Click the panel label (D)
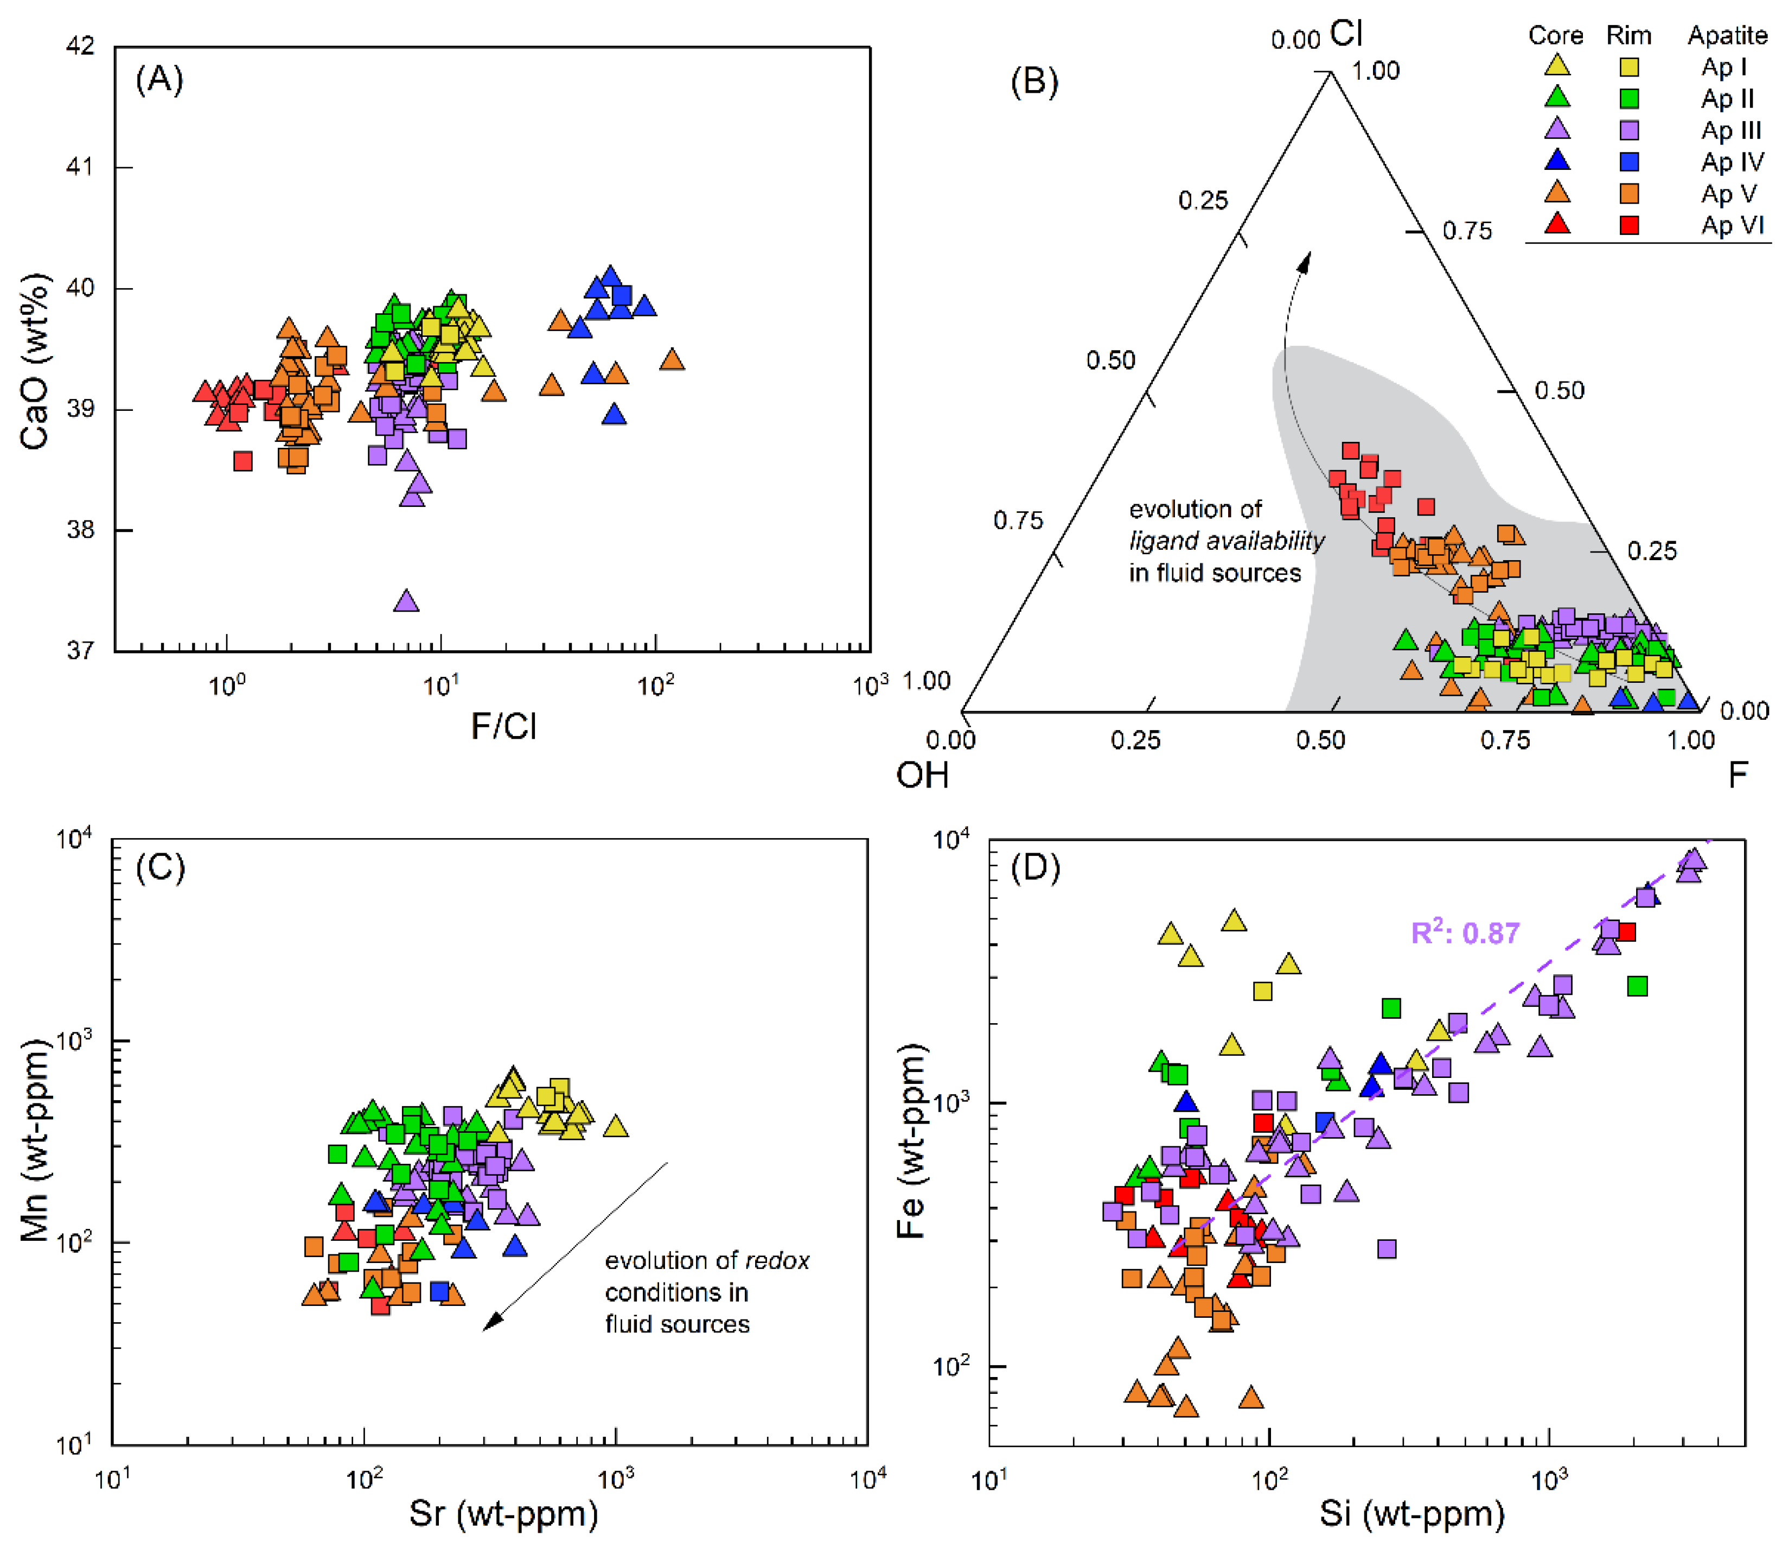point(1034,867)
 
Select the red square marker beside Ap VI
point(1628,225)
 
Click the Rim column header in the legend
point(1628,35)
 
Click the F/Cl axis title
point(503,727)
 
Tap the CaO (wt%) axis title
point(35,362)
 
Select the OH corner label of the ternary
point(922,775)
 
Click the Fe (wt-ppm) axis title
point(911,1141)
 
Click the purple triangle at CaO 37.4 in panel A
point(406,600)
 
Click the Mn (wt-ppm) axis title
point(35,1141)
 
